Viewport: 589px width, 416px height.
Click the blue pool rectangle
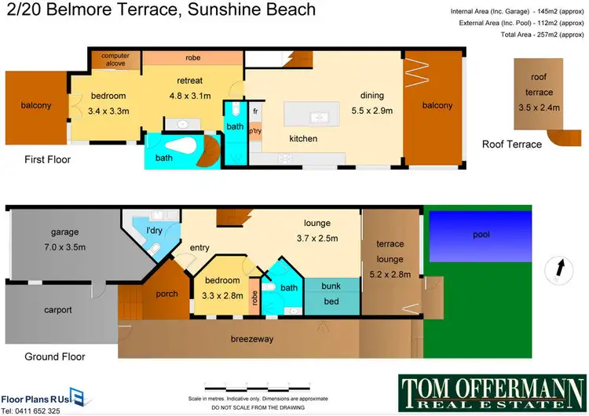477,235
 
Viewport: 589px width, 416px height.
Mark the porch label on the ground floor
166,294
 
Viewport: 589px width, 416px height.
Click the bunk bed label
331,294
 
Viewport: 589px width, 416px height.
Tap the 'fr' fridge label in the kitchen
255,111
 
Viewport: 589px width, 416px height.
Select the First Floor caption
47,159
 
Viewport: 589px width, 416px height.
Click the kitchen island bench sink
320,118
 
